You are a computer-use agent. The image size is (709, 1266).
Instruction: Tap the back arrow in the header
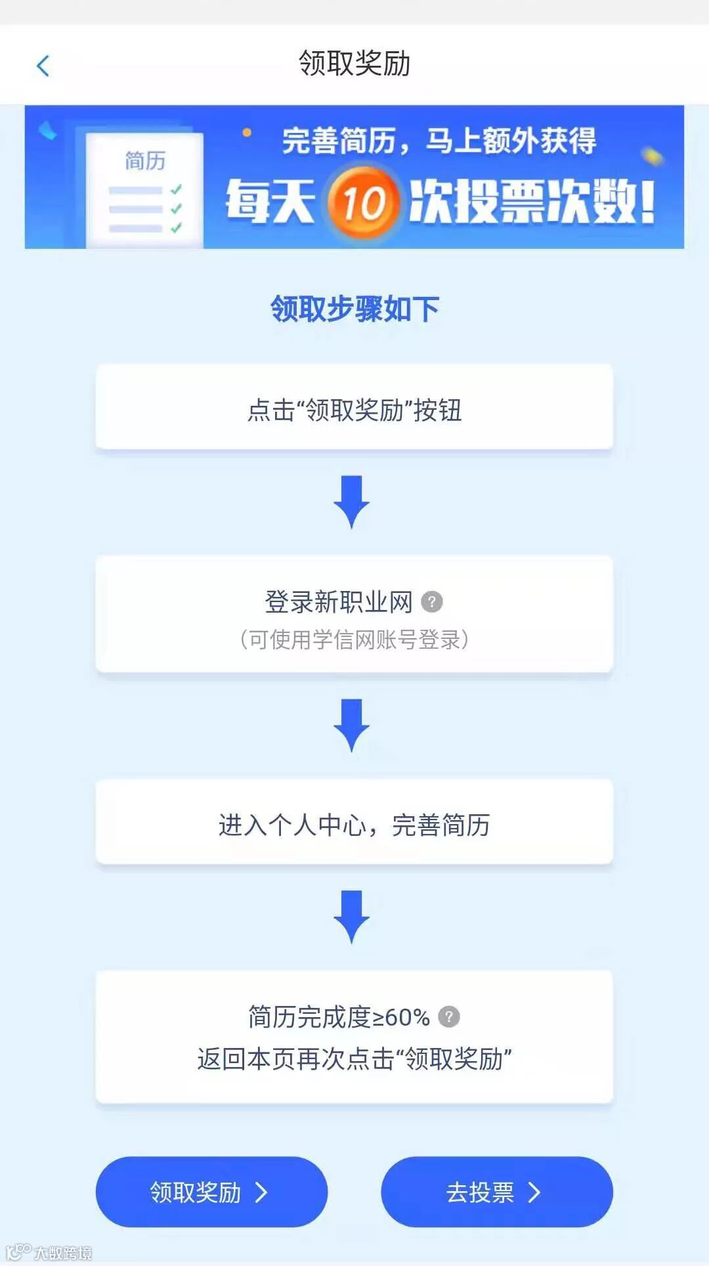(43, 66)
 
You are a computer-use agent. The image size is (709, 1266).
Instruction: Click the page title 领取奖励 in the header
(354, 64)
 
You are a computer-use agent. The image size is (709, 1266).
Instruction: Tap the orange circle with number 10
(363, 202)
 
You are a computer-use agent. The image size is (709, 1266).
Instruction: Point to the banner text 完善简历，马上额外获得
(439, 141)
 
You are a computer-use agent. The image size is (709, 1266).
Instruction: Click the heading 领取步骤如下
(354, 309)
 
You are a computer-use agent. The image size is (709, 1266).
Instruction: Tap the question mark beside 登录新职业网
(432, 601)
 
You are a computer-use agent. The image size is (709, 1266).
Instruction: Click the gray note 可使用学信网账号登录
(354, 639)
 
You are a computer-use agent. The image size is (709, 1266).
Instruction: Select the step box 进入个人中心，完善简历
(354, 824)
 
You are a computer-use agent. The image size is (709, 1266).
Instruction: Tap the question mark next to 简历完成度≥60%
(449, 1016)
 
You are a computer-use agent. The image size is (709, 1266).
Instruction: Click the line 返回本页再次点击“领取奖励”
(354, 1059)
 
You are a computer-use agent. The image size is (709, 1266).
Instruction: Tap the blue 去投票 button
(496, 1192)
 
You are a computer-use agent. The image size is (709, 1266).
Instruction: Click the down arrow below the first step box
(352, 502)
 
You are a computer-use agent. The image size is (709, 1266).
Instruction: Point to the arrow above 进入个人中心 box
(352, 726)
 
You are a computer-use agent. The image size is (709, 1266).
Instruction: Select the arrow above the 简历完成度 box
(352, 917)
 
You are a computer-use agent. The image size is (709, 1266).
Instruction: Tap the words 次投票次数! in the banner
(532, 202)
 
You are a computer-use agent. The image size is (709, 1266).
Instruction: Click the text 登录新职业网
(339, 601)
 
